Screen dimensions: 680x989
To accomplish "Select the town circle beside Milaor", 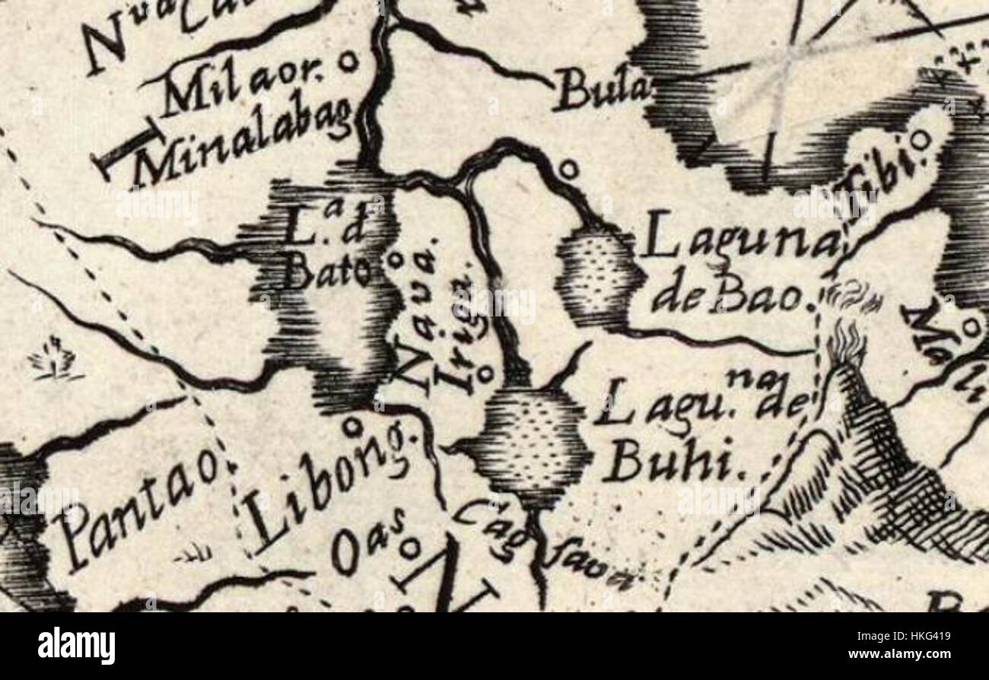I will (348, 61).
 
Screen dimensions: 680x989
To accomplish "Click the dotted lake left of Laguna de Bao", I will (597, 278).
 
